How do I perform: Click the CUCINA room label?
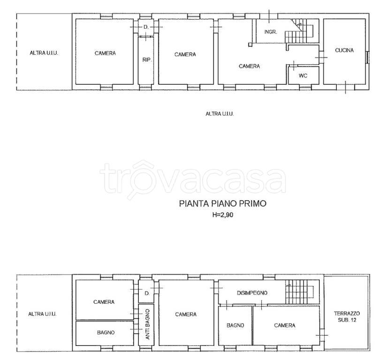[344, 50]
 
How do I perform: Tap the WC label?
[303, 75]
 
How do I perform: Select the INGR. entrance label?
[271, 32]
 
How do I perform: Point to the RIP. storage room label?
[147, 60]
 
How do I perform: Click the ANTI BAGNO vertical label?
[147, 324]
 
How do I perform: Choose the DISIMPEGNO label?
[252, 293]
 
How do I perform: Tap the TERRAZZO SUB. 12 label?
[347, 317]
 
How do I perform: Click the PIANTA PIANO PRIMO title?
[222, 203]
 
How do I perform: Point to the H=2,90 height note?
[222, 215]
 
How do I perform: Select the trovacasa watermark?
[192, 179]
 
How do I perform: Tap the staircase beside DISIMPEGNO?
[300, 292]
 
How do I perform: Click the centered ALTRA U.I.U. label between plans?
[219, 114]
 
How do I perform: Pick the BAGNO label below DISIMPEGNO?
[235, 325]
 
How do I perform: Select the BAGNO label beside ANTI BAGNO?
[106, 332]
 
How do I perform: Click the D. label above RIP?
[146, 27]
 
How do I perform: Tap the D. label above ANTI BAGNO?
[147, 293]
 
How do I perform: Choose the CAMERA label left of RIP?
[105, 53]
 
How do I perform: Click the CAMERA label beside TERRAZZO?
[285, 325]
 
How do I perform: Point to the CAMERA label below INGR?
[249, 66]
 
